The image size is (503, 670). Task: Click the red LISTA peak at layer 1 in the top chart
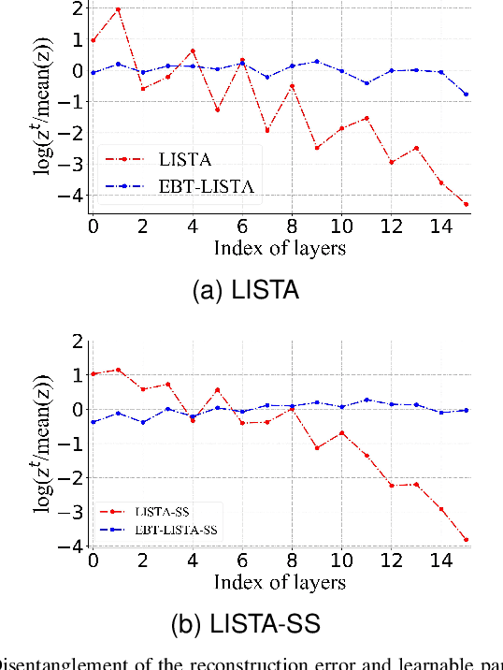117,9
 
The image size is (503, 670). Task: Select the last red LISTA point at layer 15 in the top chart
466,204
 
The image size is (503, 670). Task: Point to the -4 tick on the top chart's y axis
73,195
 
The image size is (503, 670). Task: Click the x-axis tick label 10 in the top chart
341,227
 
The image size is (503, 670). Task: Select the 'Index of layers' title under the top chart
279,247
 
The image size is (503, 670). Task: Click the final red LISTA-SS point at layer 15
466,540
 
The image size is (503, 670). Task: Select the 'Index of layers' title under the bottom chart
279,582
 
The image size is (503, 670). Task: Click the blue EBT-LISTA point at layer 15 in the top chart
466,94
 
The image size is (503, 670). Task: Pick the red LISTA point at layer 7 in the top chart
241,130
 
